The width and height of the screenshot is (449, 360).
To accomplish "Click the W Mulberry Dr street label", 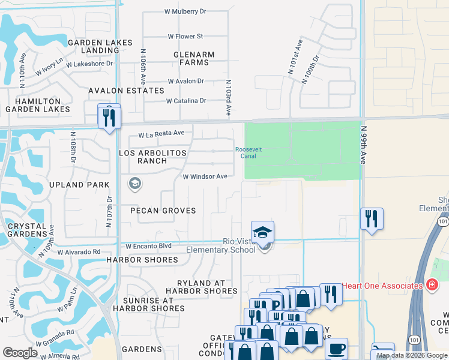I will (185, 11).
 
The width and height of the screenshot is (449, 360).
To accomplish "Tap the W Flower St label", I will (185, 37).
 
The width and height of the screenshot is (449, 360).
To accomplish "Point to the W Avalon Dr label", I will (185, 81).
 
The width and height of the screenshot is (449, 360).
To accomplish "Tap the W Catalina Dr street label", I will (186, 101).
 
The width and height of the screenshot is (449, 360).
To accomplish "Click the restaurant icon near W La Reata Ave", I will (109, 116).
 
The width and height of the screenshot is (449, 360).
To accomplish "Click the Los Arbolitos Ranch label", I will (153, 157).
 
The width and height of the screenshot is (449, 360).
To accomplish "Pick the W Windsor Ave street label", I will (205, 176).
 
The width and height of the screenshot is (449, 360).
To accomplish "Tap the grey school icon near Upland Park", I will (135, 184).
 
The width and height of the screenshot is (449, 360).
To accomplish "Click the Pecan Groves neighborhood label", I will (163, 211).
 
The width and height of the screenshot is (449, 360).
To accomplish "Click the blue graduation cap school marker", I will (262, 232).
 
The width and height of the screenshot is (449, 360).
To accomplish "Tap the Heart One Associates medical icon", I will (432, 285).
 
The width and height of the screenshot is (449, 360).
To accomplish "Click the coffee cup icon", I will (337, 349).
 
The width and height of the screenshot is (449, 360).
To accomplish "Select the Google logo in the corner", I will (20, 353).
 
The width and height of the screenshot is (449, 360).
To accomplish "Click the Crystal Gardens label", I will (23, 229).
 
